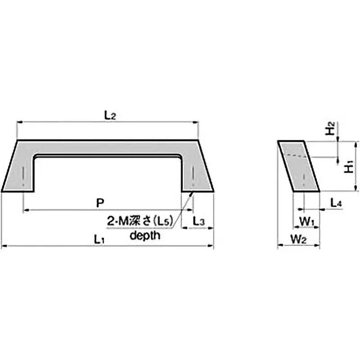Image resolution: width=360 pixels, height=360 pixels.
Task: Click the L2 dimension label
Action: pyautogui.click(x=110, y=116)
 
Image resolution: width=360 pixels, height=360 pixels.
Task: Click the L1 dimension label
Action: pyautogui.click(x=99, y=239)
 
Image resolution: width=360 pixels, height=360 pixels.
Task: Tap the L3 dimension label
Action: pyautogui.click(x=199, y=221)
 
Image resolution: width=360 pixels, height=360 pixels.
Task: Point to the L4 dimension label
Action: pyautogui.click(x=336, y=203)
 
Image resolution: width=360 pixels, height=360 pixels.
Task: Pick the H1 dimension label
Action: pyautogui.click(x=349, y=167)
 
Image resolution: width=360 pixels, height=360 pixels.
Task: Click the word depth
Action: pyautogui.click(x=145, y=235)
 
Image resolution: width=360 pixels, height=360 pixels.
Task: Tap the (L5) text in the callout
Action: pyautogui.click(x=164, y=221)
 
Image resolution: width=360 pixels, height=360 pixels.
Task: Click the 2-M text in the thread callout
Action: pyautogui.click(x=117, y=221)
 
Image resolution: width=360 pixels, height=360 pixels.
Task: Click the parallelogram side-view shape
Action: pyautogui.click(x=299, y=166)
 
